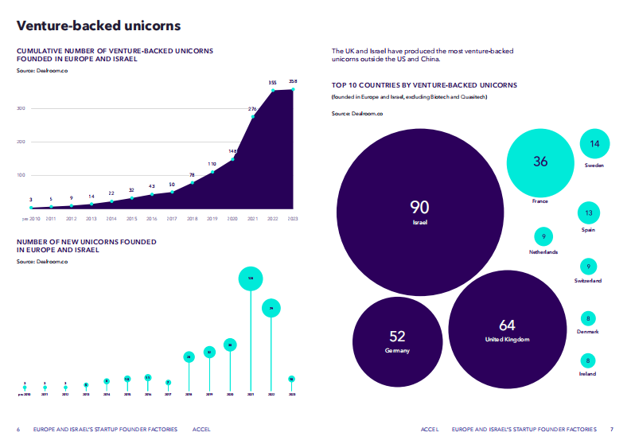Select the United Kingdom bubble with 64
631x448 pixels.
click(507, 329)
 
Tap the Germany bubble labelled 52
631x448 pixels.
click(396, 340)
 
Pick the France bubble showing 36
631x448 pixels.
click(540, 162)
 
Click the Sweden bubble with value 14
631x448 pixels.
click(594, 144)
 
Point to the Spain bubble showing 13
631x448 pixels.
click(589, 213)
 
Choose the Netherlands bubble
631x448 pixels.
click(543, 236)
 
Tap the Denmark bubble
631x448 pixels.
click(588, 318)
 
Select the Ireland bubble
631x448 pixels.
click(588, 360)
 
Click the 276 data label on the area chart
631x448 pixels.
click(252, 109)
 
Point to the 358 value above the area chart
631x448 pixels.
click(293, 81)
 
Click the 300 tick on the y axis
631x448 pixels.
click(21, 108)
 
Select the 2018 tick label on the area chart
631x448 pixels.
click(192, 218)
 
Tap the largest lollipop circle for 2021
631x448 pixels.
click(251, 279)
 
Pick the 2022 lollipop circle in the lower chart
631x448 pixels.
click(271, 307)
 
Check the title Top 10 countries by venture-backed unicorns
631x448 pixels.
click(424, 84)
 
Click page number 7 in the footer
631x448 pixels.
click(612, 429)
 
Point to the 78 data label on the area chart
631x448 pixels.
click(192, 175)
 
